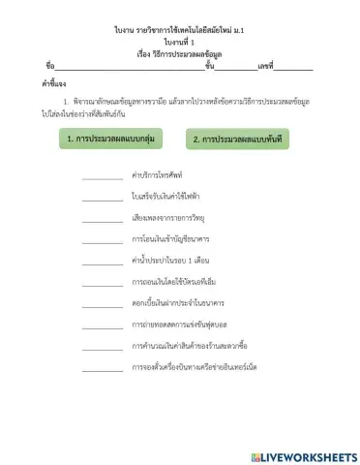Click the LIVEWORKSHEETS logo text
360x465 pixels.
coord(304,456)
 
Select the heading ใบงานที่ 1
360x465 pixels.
coord(180,43)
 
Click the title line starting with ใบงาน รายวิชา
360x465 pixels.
coord(180,31)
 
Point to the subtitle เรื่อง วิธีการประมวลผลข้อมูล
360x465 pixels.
coord(180,54)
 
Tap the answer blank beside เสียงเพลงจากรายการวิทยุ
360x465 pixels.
coord(102,221)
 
